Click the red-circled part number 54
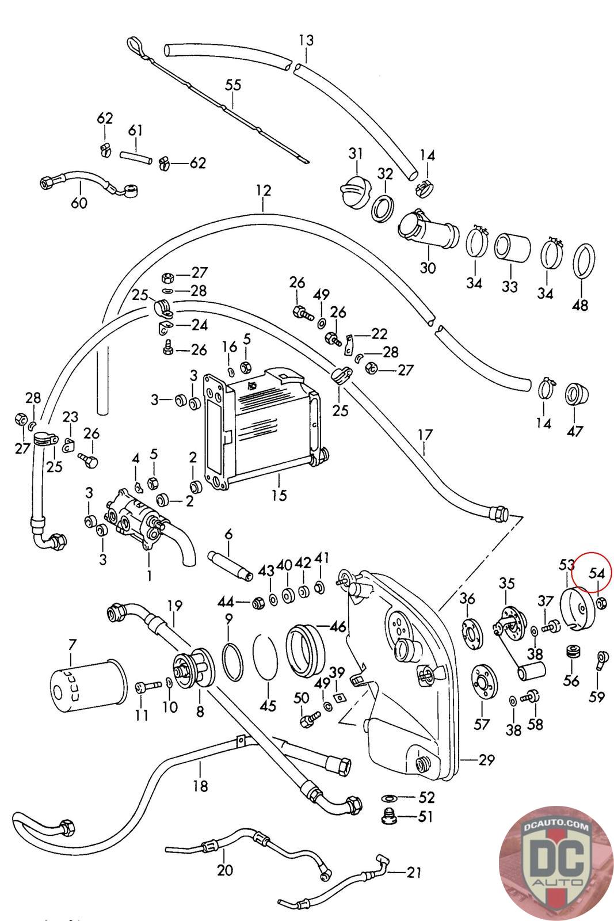coord(597,573)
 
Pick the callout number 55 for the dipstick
coord(233,85)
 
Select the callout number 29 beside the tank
coord(486,760)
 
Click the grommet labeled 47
coord(577,394)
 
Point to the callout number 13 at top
coord(306,40)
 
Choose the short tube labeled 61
coord(136,158)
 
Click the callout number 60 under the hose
coord(79,202)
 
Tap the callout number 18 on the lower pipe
coord(201,786)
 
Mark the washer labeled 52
coord(387,798)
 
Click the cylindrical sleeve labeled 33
coord(512,248)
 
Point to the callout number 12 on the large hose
coord(264,191)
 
